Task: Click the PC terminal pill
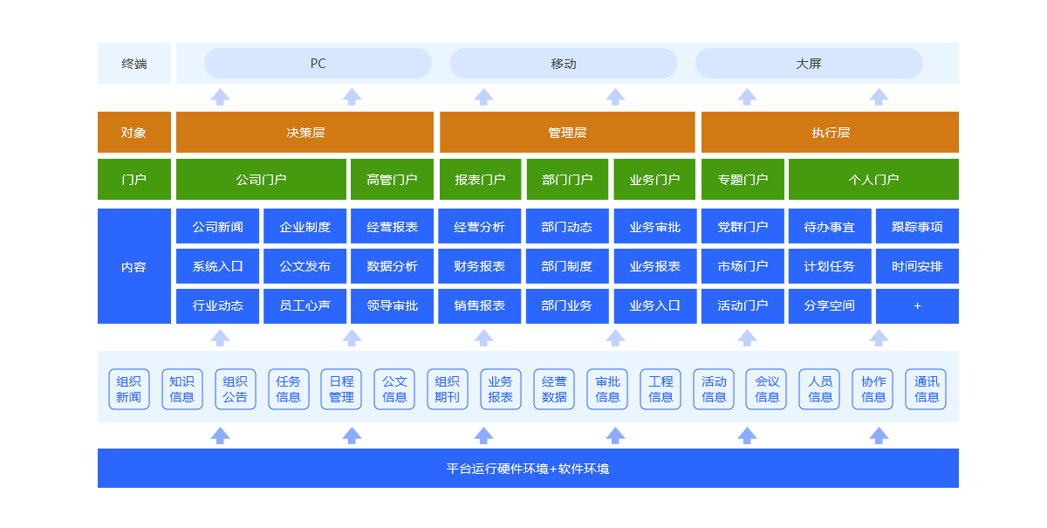pos(318,64)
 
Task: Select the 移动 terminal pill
pos(564,64)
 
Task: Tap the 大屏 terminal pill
pos(809,64)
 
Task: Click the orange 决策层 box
pos(305,133)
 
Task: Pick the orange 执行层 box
pos(830,133)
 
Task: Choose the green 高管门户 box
pos(392,180)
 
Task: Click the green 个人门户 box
pos(873,180)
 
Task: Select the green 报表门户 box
pos(480,180)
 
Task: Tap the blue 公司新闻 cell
pos(217,227)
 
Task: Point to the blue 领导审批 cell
pos(392,306)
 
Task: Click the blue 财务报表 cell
pos(480,266)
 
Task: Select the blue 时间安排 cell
pos(917,266)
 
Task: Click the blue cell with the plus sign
pos(917,306)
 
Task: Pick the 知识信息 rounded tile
pos(181,389)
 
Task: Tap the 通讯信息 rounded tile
pos(927,389)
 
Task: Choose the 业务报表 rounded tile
pos(500,389)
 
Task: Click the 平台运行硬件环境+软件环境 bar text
pos(528,469)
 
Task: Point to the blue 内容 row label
pos(133,267)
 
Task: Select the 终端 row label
pos(133,64)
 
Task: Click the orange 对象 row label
pos(133,133)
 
